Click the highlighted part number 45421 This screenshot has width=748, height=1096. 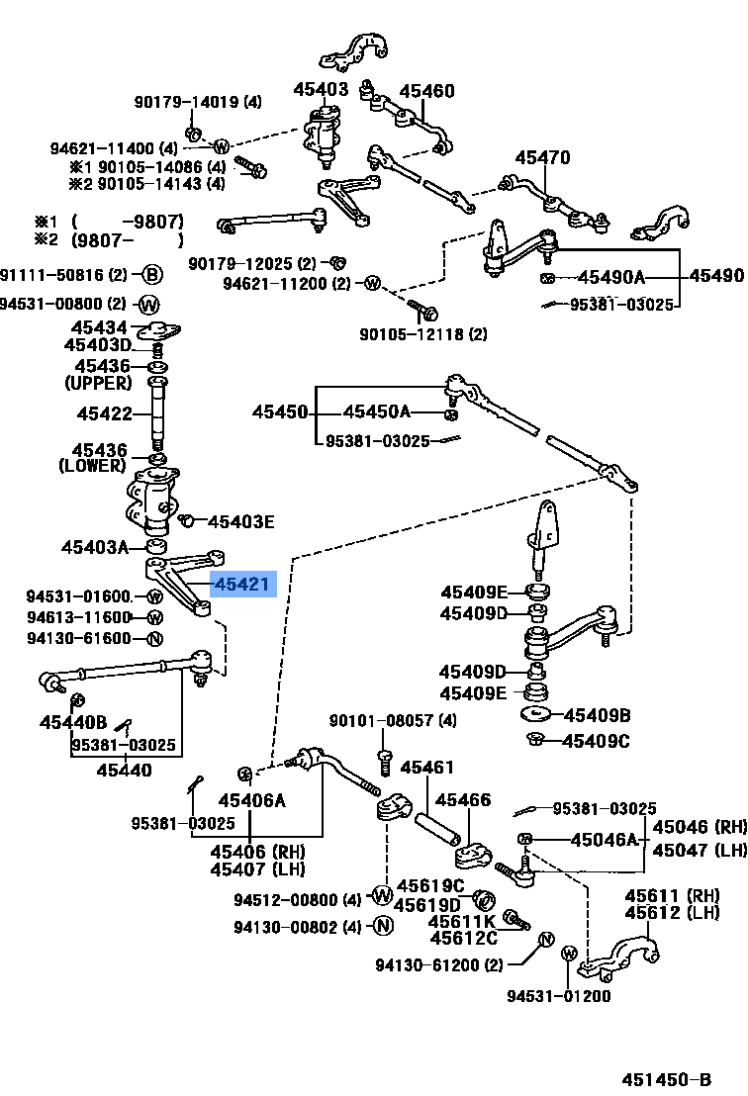[241, 585]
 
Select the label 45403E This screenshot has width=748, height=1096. [240, 520]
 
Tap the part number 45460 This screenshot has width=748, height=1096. [426, 92]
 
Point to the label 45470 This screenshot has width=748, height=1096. [541, 157]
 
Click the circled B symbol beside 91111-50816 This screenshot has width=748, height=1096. [150, 275]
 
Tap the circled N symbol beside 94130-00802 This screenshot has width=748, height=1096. [383, 926]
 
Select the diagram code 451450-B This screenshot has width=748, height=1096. [666, 1077]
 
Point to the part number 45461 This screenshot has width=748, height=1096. [426, 768]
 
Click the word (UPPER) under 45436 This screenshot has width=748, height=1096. [98, 382]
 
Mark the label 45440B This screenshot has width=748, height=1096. [73, 721]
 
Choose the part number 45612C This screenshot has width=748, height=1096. [462, 938]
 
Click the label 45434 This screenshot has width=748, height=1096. [98, 327]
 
